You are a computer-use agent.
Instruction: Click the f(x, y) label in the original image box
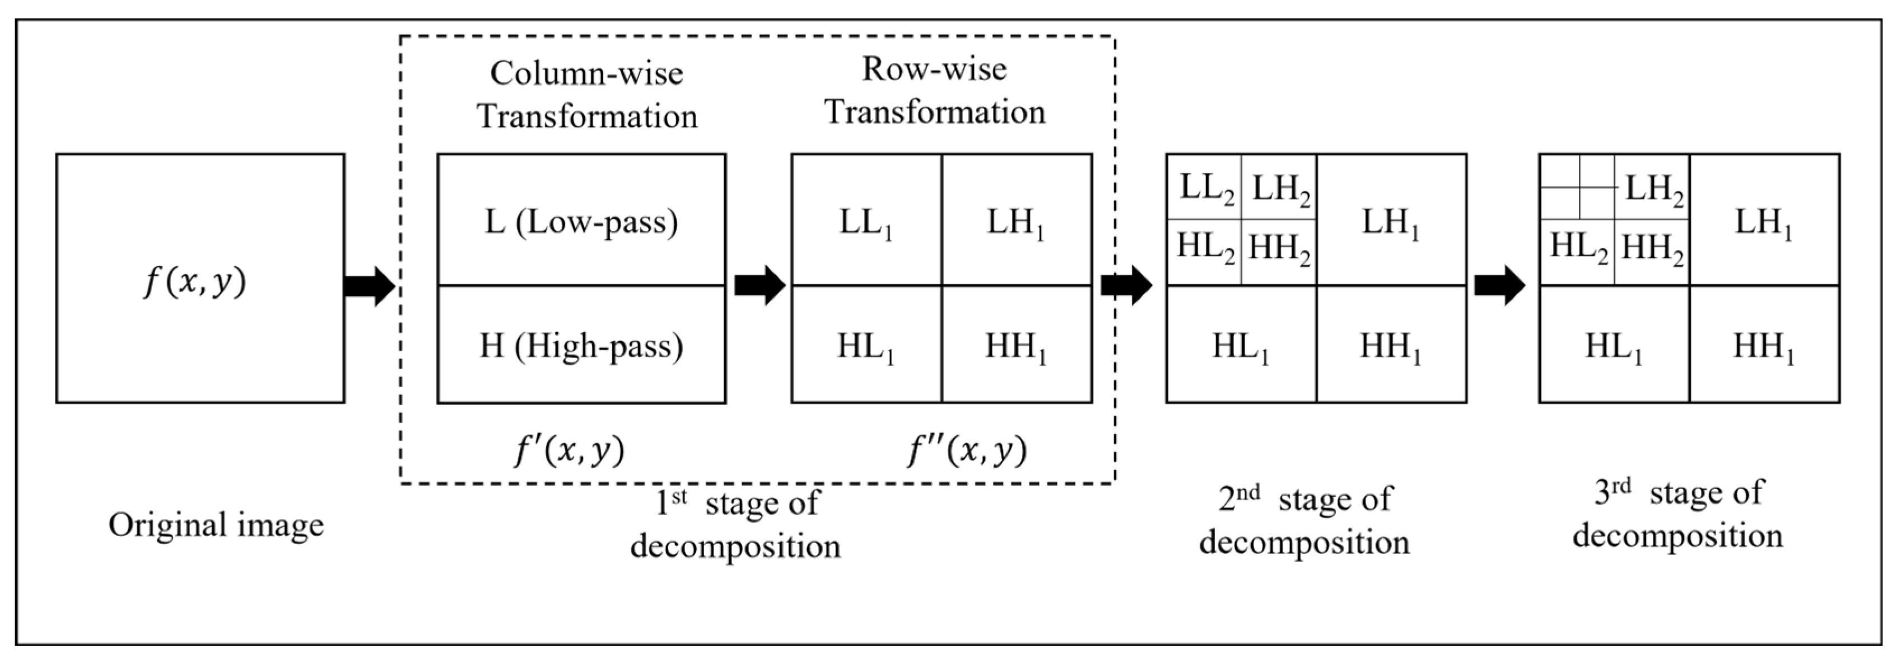[195, 282]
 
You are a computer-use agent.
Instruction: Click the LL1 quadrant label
[866, 222]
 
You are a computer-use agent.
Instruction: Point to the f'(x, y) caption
[569, 450]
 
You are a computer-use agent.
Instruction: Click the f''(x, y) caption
[966, 450]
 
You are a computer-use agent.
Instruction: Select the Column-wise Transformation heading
[586, 94]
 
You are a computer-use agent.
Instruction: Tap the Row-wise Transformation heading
[935, 90]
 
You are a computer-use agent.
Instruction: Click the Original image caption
[216, 525]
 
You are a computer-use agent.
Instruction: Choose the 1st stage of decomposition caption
[736, 524]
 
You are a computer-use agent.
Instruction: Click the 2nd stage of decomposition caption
[1304, 520]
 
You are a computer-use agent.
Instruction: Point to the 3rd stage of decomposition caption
[1677, 513]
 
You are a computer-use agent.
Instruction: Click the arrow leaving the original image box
[370, 286]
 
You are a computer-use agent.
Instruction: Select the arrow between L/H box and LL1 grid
[759, 285]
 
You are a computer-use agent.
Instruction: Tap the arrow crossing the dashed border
[1126, 285]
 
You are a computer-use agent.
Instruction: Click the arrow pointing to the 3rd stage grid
[1499, 285]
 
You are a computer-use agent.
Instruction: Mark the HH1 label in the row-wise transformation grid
[1016, 347]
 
